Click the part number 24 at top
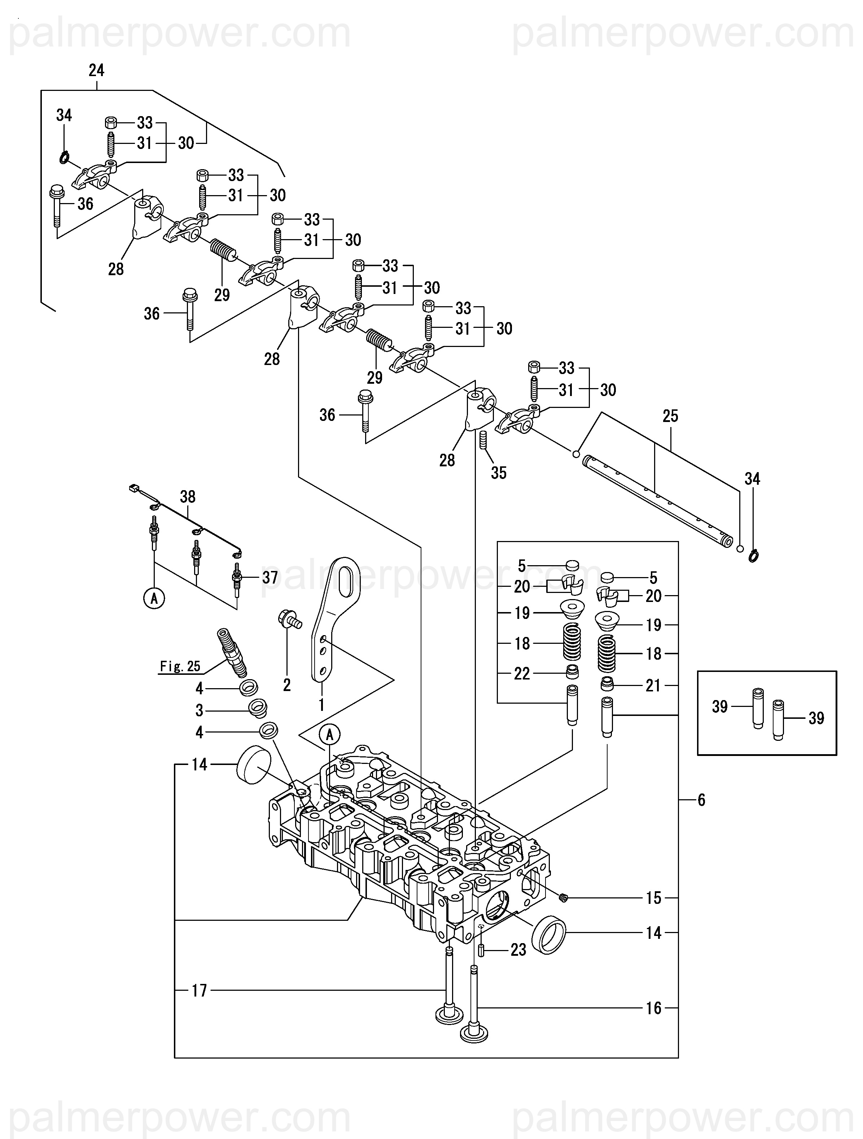pyautogui.click(x=96, y=71)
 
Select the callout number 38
pyautogui.click(x=188, y=497)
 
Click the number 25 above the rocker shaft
pyautogui.click(x=670, y=416)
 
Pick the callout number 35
pyautogui.click(x=499, y=473)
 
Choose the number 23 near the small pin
pyautogui.click(x=518, y=950)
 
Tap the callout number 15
pyautogui.click(x=653, y=898)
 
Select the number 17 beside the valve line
pyautogui.click(x=200, y=991)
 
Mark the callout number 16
pyautogui.click(x=653, y=1008)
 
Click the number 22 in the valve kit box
pyautogui.click(x=522, y=673)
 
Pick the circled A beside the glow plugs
pyautogui.click(x=154, y=598)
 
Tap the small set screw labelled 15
pyautogui.click(x=563, y=898)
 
